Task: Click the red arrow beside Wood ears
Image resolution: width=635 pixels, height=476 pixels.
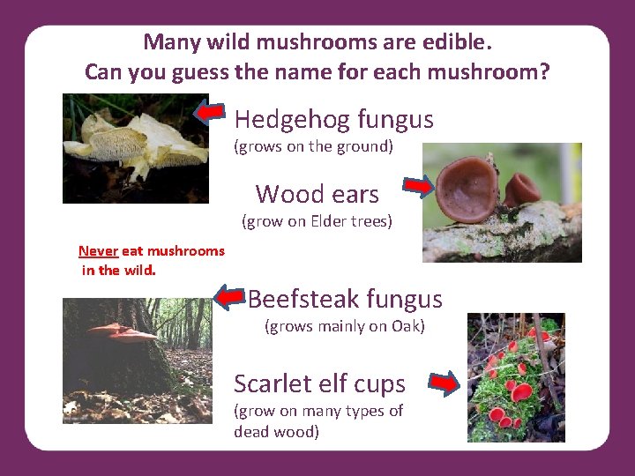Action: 419,185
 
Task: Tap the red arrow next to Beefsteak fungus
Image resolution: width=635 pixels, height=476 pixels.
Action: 230,297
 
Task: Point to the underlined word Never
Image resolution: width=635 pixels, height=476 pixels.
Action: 98,250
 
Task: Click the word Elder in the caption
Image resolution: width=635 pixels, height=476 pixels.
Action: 331,221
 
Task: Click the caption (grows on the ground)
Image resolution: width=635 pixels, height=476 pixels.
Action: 313,146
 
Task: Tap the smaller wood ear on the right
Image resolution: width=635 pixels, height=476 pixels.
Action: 523,188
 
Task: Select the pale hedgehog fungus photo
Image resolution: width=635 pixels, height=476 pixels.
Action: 135,148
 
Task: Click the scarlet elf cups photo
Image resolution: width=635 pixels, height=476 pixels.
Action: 516,377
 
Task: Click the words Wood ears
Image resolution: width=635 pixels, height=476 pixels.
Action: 317,194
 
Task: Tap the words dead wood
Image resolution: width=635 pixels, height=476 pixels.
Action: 276,432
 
